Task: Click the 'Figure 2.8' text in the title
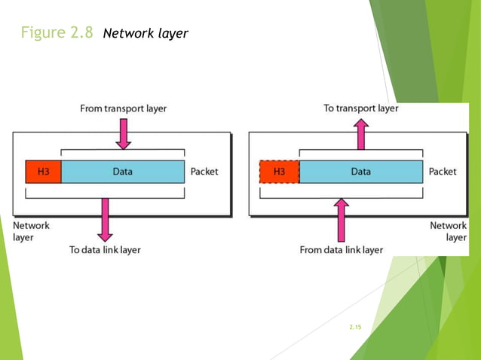57,33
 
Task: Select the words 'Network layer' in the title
145,34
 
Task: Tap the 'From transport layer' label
124,108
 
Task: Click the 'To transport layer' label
361,108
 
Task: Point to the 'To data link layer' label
105,249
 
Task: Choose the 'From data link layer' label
341,249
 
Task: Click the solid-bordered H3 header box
43,172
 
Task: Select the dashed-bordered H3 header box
279,172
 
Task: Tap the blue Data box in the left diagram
122,172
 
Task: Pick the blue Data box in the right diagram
360,172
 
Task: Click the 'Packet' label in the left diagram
204,172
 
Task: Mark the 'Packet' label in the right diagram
443,172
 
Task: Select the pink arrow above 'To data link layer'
105,219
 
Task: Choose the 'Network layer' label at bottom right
448,231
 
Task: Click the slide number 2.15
356,327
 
